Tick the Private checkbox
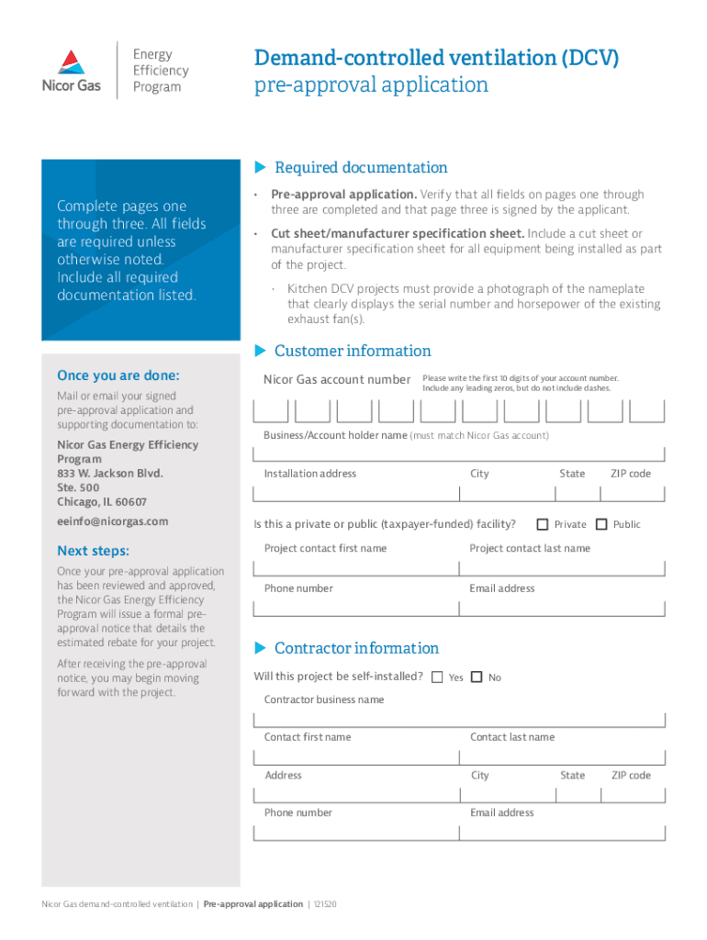coord(543,524)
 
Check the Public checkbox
coord(601,524)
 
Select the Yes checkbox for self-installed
coord(437,677)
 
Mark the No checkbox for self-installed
coord(477,677)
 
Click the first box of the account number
coord(270,410)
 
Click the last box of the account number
coord(647,410)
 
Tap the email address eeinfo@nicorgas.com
coord(113,521)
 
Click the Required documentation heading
coord(361,167)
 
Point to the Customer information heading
coord(353,351)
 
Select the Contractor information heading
coord(356,648)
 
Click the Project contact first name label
coord(325,548)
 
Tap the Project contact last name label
coord(530,548)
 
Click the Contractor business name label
coord(324,699)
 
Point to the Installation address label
coord(310,474)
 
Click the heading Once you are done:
coord(118,375)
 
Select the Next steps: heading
coord(94,551)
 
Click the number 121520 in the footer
coord(325,904)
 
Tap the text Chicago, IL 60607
coord(102,502)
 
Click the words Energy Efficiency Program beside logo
coord(161,71)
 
